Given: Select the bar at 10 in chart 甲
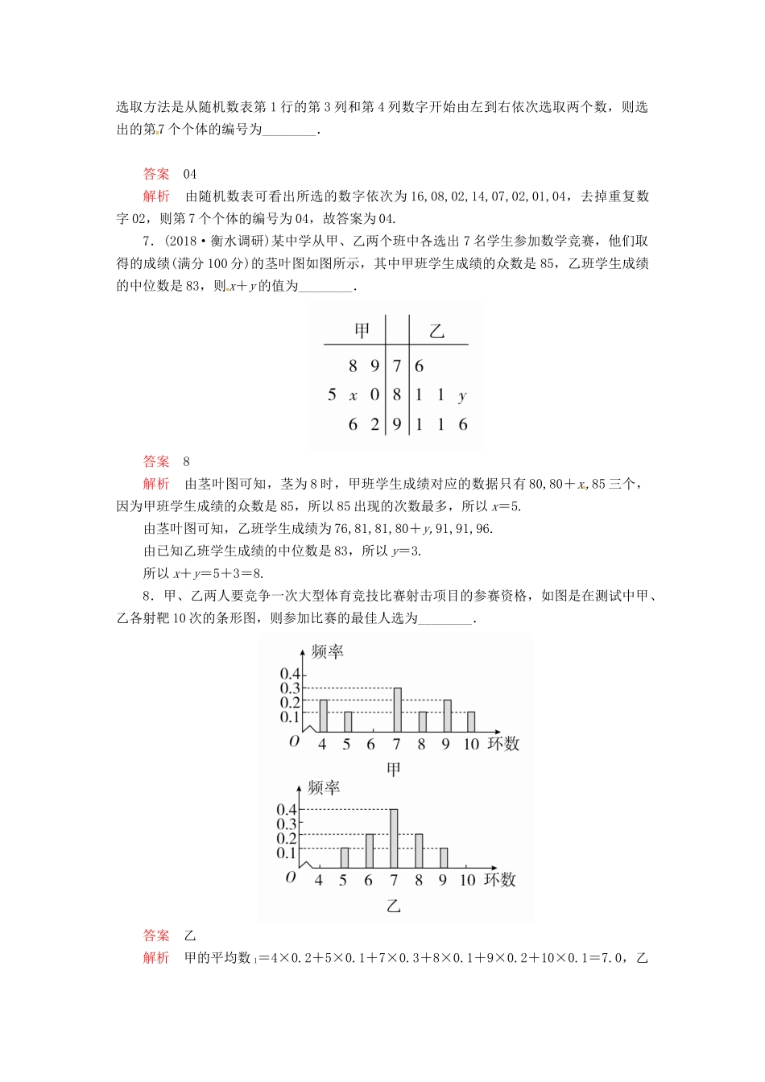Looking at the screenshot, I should [471, 722].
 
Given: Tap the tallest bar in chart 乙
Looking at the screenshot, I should [394, 837].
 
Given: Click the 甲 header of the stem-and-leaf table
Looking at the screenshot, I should [362, 330].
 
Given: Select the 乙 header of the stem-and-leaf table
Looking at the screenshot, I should [436, 330].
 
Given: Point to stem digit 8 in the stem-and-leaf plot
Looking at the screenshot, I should [396, 395].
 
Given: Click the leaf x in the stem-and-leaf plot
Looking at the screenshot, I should [353, 395].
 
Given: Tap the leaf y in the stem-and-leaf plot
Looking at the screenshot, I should [461, 395].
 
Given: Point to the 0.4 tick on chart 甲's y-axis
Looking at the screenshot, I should [289, 674].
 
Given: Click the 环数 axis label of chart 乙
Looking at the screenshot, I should [499, 879].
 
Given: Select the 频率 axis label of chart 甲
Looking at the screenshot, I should [327, 652].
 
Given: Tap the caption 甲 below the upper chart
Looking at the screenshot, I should [393, 770].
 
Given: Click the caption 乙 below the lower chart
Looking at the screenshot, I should [393, 906].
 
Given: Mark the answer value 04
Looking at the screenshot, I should [190, 174].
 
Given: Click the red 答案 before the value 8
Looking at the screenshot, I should [156, 461].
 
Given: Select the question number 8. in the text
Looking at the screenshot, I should [148, 596].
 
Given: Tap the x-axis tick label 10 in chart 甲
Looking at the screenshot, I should [470, 745].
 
